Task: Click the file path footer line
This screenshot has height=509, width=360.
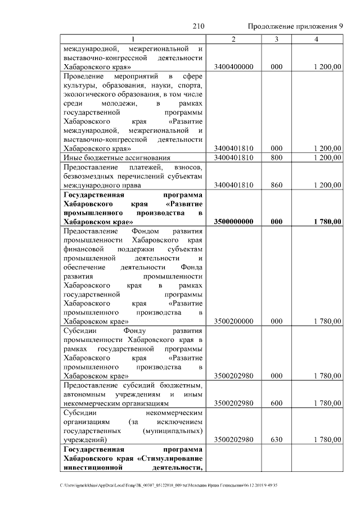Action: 177,485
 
